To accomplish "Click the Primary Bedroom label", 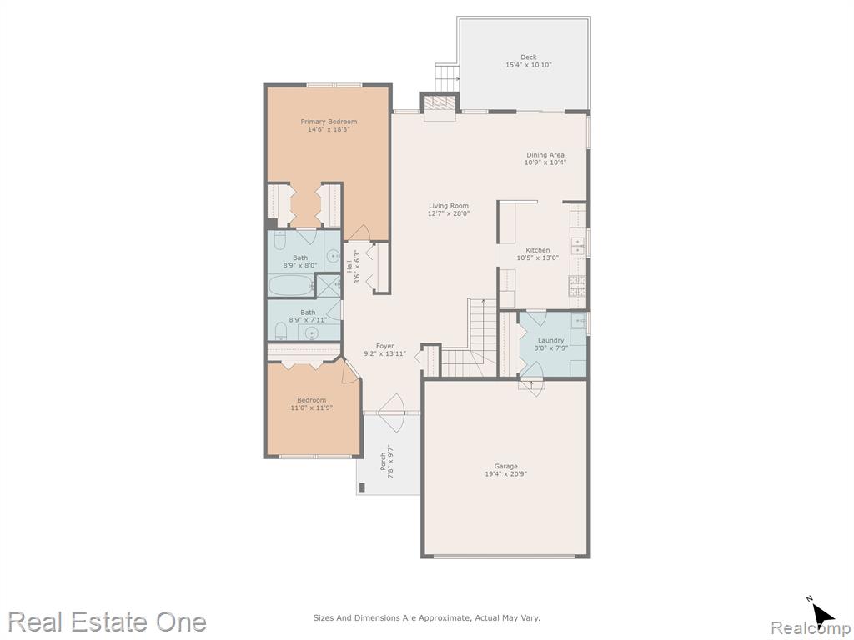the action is click(329, 122).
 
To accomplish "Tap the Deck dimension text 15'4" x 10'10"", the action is click(528, 65).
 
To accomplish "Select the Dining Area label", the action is click(545, 155).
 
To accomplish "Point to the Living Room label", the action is click(449, 206).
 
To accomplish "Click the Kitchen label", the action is click(538, 250).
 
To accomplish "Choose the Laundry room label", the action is click(551, 341).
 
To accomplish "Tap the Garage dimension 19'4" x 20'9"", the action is click(506, 474).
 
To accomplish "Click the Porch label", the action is click(383, 462).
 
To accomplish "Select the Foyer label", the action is click(385, 346).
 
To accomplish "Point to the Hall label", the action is click(349, 267).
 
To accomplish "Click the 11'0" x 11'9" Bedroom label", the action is click(312, 400).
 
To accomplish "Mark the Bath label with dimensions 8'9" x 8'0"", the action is click(300, 258).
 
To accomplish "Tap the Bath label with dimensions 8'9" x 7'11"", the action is click(308, 312).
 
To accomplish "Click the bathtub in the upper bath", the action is click(290, 285).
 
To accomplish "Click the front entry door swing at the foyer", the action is click(392, 406).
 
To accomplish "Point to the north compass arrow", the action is click(823, 615).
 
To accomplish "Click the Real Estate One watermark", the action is click(108, 622).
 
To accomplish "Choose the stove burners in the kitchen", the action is click(577, 285).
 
